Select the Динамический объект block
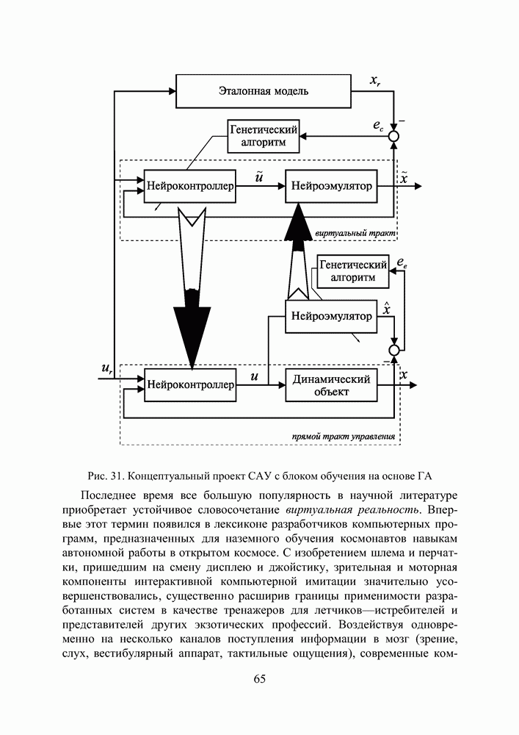331,385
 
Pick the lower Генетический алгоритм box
353,270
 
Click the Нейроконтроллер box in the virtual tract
190,187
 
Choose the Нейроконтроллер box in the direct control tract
190,384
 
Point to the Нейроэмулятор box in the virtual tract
331,187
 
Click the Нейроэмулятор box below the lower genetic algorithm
331,317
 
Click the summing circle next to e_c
395,136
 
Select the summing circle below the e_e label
395,349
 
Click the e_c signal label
378,127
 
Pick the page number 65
259,678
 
